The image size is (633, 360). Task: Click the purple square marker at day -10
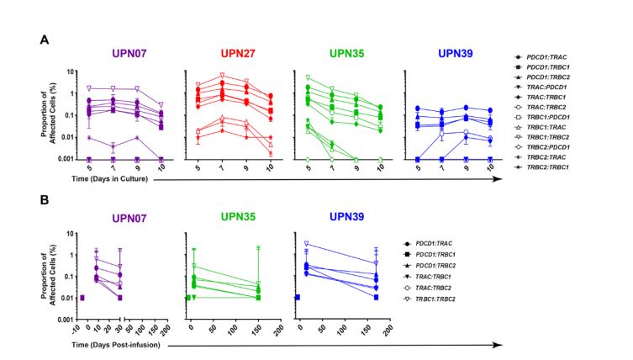[82, 298]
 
